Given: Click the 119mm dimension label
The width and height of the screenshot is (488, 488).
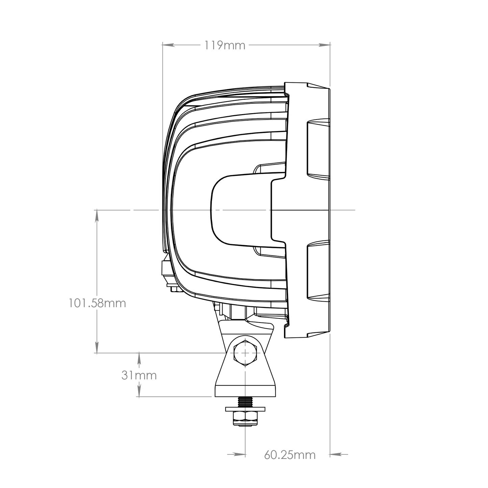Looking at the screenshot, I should tap(225, 45).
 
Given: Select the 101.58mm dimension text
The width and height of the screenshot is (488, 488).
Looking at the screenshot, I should tap(97, 303).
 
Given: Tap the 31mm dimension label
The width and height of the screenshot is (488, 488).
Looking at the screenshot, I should tap(139, 375).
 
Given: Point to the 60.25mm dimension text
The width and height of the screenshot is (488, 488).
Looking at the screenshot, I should tap(290, 455).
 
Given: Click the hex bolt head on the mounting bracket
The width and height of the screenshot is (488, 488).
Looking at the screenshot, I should tap(245, 353).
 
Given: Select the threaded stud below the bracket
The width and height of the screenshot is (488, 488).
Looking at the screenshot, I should tap(245, 402).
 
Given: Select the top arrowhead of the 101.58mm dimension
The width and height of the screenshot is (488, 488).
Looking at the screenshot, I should tap(97, 215).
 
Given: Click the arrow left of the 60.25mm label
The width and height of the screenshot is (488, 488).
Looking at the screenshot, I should tap(239, 455).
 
